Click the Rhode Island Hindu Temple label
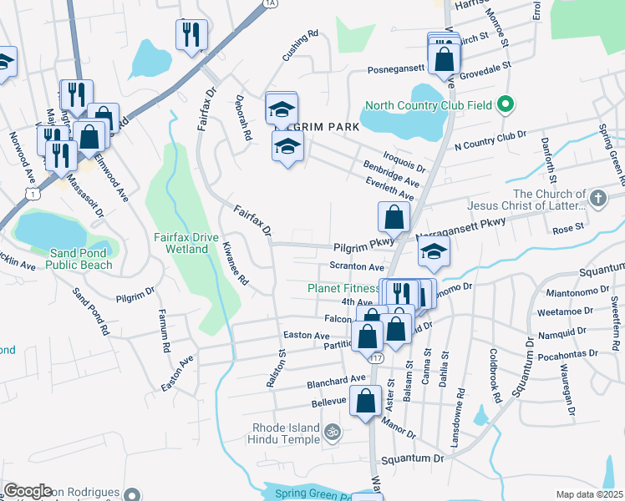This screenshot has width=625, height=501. click(287, 433)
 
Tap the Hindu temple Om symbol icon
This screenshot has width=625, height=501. click(332, 433)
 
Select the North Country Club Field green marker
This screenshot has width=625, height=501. click(504, 106)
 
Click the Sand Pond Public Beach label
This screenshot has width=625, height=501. click(79, 259)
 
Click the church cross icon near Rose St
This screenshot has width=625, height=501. click(597, 199)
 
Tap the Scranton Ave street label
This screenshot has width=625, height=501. click(357, 267)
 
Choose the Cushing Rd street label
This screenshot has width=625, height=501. click(302, 47)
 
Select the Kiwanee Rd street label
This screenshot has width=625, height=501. click(236, 264)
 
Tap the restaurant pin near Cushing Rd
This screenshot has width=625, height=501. click(191, 34)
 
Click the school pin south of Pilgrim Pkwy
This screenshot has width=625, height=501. click(434, 252)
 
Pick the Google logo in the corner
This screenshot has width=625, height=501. click(28, 491)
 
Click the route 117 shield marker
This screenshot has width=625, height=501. click(377, 357)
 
